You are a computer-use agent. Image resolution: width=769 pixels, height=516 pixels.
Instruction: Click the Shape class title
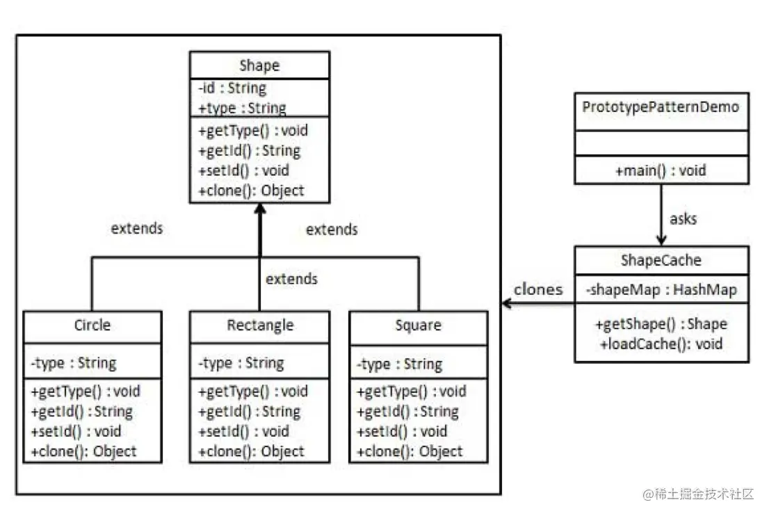click(259, 65)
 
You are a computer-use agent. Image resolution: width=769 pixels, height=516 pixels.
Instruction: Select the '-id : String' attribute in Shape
click(232, 88)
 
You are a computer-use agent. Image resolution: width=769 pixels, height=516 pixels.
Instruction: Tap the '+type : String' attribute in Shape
click(242, 108)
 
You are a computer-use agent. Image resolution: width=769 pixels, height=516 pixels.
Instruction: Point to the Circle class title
click(92, 325)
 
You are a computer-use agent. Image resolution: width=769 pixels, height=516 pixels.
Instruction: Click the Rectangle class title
click(260, 325)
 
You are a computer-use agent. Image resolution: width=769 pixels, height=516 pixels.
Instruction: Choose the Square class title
click(419, 325)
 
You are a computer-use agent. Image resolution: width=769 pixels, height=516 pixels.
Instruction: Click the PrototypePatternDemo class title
click(661, 107)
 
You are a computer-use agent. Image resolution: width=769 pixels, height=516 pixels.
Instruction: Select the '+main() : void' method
click(661, 170)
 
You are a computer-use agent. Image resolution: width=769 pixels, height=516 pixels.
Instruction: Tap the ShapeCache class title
click(661, 260)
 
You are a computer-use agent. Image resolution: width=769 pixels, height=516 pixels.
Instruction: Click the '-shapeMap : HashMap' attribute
click(661, 289)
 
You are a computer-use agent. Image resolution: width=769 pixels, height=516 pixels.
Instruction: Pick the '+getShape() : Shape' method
click(661, 324)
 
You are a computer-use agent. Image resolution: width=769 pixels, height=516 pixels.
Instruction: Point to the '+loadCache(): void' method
click(661, 344)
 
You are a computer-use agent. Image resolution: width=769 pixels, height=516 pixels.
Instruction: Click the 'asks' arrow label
click(683, 219)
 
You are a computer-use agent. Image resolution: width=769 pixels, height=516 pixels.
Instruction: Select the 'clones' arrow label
click(538, 289)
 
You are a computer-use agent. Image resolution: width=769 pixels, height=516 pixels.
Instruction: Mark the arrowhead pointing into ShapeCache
click(661, 240)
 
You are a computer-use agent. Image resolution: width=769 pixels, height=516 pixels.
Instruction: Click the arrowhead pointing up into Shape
click(260, 209)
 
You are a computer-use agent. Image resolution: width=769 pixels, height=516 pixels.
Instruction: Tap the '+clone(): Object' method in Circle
click(83, 451)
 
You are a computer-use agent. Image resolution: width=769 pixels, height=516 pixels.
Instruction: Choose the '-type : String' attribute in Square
click(399, 364)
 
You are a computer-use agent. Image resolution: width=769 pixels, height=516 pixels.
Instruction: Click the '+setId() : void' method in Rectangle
click(243, 431)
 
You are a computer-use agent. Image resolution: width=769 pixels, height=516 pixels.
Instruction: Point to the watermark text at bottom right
click(698, 494)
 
